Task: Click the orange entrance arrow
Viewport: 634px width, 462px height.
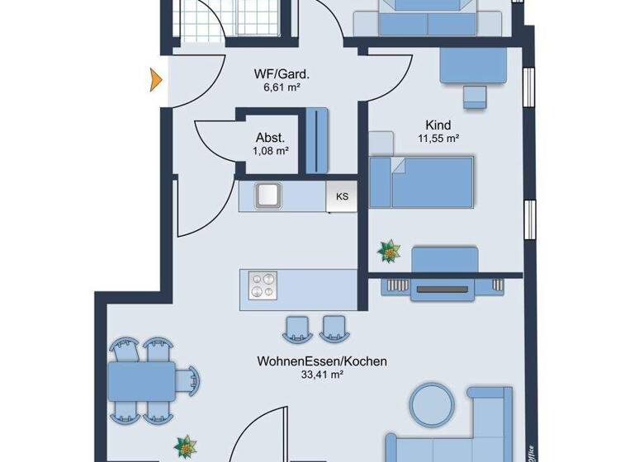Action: click(154, 79)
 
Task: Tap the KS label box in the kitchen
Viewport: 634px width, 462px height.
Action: click(342, 196)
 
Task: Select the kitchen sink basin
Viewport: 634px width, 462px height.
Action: click(268, 196)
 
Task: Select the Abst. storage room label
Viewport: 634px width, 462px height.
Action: click(271, 138)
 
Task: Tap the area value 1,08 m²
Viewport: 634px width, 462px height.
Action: click(271, 151)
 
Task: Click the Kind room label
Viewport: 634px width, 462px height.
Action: click(440, 125)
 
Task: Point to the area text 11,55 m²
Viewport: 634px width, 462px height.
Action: click(439, 139)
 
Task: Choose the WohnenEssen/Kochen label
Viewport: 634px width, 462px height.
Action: click(322, 361)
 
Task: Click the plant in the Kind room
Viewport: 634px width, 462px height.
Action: click(386, 250)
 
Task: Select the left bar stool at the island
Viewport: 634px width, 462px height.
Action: click(295, 328)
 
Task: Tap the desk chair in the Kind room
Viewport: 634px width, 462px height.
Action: click(475, 97)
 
